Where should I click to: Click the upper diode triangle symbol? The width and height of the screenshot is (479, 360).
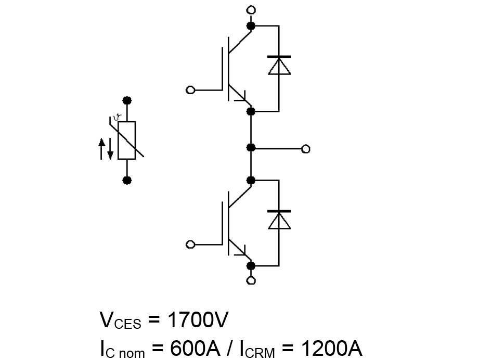click(x=279, y=66)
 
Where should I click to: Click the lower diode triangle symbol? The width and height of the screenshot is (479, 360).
click(x=279, y=220)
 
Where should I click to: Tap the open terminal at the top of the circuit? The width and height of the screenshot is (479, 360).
click(x=251, y=10)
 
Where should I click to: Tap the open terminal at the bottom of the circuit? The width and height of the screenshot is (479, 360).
click(x=251, y=280)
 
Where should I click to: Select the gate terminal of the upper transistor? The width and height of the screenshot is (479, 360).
click(x=190, y=90)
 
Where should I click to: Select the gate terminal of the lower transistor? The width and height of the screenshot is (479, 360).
click(x=190, y=245)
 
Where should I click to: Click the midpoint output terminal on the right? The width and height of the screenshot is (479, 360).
click(x=305, y=149)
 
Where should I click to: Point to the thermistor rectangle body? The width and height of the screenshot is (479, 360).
click(x=127, y=140)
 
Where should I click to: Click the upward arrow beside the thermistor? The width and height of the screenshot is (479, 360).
click(x=101, y=148)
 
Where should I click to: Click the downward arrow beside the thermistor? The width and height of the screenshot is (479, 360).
click(x=110, y=148)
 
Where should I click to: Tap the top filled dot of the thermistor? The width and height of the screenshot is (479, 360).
click(x=127, y=100)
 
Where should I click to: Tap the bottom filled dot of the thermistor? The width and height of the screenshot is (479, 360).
click(x=127, y=181)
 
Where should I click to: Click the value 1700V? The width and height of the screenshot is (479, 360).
click(x=198, y=320)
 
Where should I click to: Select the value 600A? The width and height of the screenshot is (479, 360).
click(x=195, y=348)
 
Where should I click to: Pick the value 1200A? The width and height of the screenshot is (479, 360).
click(x=332, y=348)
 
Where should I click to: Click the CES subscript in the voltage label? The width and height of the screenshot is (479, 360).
click(x=128, y=324)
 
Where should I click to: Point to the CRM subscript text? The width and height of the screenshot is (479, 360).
click(x=260, y=353)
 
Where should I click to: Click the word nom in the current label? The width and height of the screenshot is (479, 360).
click(x=132, y=354)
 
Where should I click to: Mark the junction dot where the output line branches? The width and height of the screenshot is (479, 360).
click(x=251, y=148)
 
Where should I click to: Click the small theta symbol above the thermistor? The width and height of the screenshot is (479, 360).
click(x=118, y=117)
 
